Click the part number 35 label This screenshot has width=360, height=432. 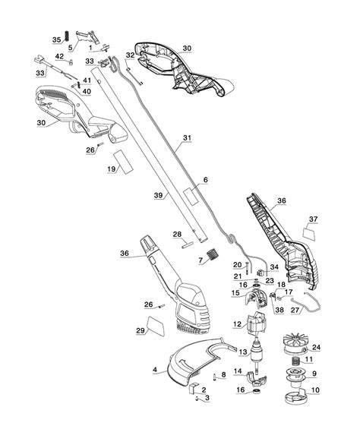point(56,39)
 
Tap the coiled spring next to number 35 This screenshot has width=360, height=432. point(66,36)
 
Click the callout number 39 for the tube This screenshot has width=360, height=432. point(158,195)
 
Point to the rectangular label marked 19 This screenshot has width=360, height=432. point(123,162)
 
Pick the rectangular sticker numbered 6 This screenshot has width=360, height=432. point(192,196)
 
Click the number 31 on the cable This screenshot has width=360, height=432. point(187,137)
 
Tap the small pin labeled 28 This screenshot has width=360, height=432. point(187,244)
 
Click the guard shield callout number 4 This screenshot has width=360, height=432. point(155,370)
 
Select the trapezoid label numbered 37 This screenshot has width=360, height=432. point(310,233)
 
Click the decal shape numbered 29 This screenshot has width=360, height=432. point(156,326)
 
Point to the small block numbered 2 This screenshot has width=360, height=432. point(194,388)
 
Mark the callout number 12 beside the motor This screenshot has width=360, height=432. point(237,324)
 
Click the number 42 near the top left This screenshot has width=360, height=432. point(59,56)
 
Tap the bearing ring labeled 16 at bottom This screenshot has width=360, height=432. point(257,391)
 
